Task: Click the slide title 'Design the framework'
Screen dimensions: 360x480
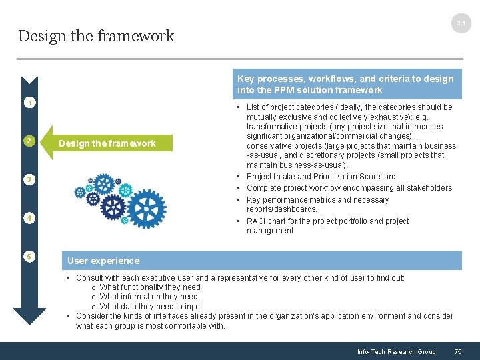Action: click(x=96, y=36)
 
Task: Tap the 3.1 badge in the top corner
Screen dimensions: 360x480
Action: click(x=461, y=24)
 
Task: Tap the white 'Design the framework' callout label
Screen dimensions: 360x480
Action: click(x=107, y=143)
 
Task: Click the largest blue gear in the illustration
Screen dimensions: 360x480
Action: click(x=146, y=209)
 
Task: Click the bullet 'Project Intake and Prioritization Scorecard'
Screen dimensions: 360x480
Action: click(x=321, y=177)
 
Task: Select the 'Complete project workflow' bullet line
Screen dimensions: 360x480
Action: click(x=349, y=188)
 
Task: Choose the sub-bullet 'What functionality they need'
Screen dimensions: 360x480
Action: click(x=149, y=287)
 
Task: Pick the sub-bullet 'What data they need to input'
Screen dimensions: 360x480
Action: click(x=151, y=307)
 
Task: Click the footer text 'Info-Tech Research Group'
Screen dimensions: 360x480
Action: click(x=396, y=352)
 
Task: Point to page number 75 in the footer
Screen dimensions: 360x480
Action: click(x=457, y=352)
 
